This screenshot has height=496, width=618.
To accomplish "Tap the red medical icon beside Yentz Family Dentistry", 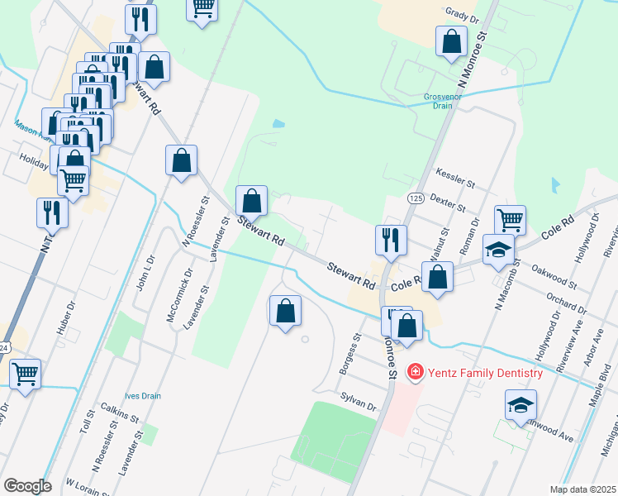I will tap(416, 373).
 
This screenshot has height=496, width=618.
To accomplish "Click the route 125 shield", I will tap(416, 198).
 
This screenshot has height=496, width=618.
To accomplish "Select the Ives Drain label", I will tap(143, 396).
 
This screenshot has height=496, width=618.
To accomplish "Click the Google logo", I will tap(27, 486).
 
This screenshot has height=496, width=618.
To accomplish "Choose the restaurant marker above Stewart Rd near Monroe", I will tap(390, 241).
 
